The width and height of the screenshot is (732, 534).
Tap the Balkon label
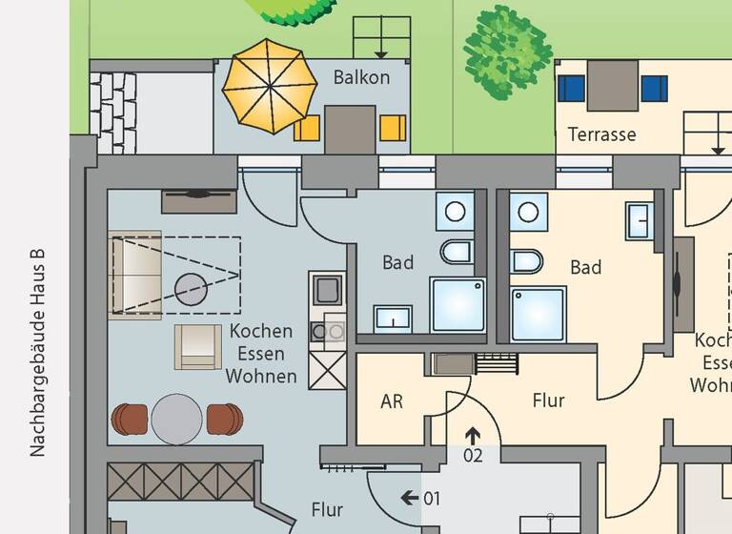coord(361,77)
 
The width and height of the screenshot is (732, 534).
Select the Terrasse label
coord(601,134)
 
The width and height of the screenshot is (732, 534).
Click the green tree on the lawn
coord(507,51)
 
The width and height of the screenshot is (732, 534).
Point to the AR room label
coord(392,401)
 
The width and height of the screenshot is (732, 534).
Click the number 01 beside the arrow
coord(432,498)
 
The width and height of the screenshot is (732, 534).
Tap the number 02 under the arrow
coord(473,456)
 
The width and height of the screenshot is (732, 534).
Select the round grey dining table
coord(177,419)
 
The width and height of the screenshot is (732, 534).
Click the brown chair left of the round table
coord(130,419)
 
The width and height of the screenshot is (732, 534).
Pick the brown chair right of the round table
coord(225,419)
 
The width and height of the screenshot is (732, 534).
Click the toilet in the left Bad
coord(457,252)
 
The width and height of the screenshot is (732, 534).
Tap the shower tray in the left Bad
coord(458,304)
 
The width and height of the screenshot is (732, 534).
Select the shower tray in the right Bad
coord(539,314)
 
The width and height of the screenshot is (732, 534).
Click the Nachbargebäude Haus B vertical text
coord(37,353)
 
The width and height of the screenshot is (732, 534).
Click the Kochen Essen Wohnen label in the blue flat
coord(261,354)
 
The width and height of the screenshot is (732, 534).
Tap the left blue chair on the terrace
coord(571,89)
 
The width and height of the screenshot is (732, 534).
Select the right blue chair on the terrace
coord(655,89)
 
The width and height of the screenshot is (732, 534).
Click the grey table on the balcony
coord(350,128)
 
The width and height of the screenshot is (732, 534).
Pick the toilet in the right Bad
coord(526,260)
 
